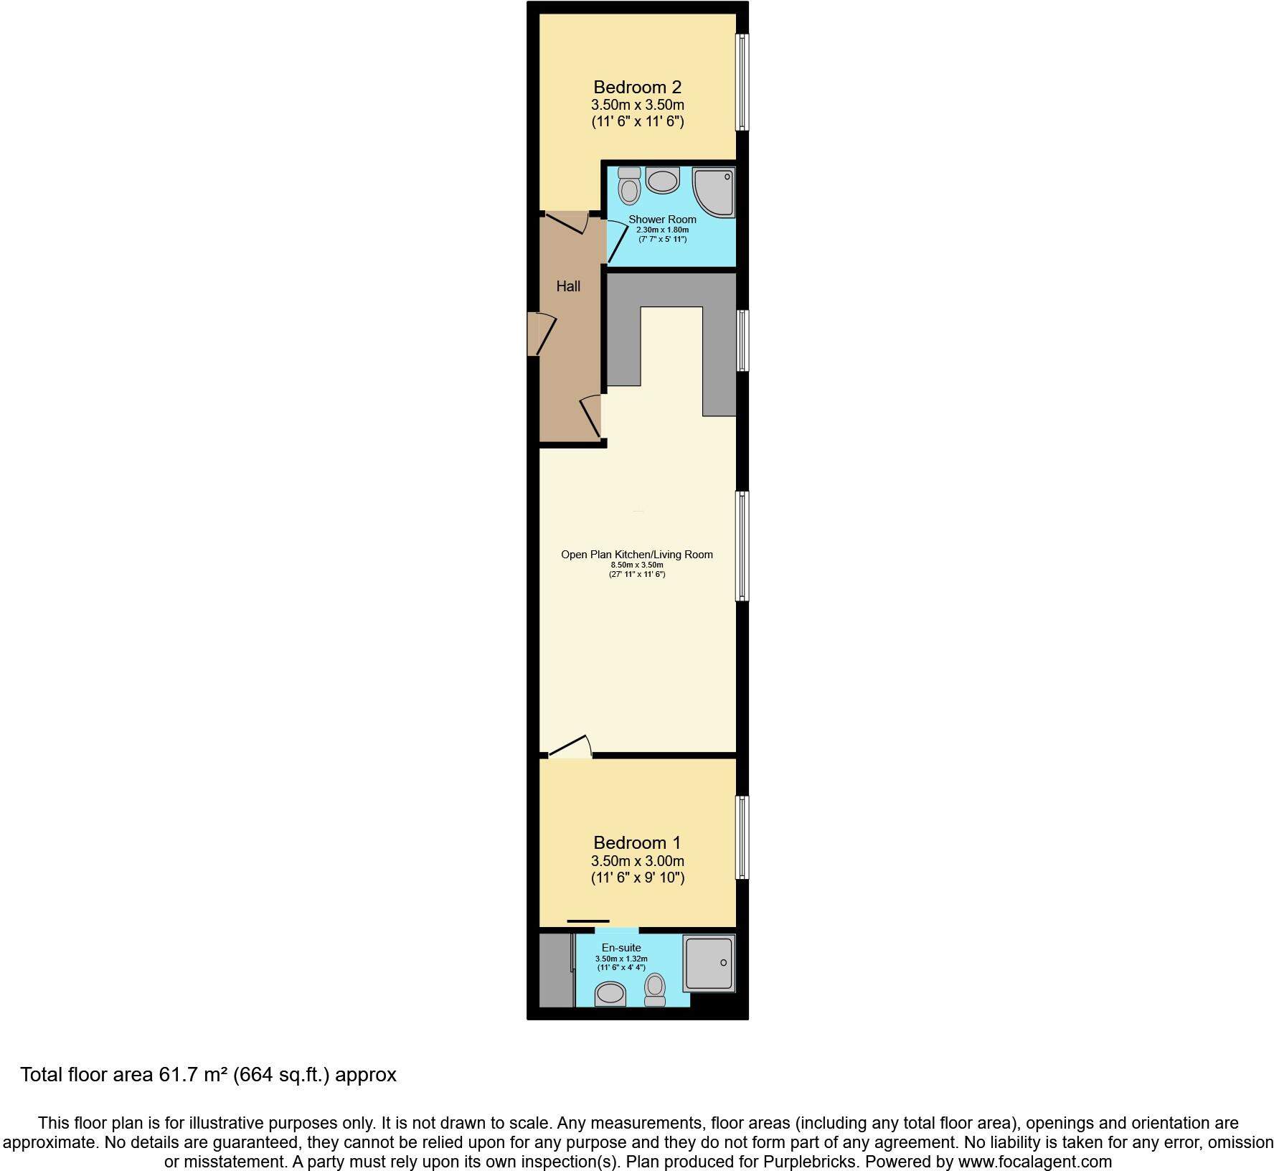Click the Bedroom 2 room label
tap(637, 88)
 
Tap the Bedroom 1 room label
tap(637, 843)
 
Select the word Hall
tap(568, 286)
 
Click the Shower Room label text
tap(662, 220)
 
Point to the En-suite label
tap(621, 948)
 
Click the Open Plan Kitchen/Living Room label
tap(637, 554)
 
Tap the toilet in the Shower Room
tap(630, 186)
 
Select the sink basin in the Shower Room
tap(662, 181)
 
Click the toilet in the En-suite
tap(654, 989)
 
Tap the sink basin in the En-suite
tap(610, 994)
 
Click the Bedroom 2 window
tap(742, 83)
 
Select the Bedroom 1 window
tap(742, 837)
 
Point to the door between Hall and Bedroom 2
tap(567, 222)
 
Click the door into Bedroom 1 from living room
tap(570, 748)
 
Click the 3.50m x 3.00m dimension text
tap(637, 861)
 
